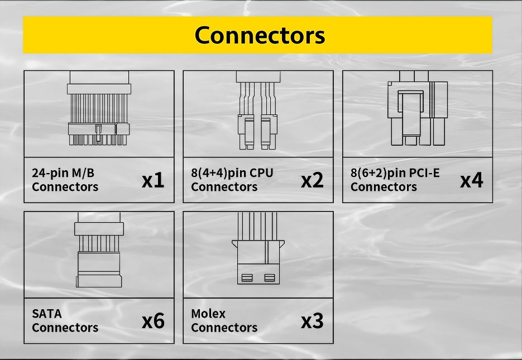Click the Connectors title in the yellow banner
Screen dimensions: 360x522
[x=260, y=35]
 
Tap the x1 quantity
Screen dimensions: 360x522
[x=152, y=180]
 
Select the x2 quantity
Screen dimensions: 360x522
[x=312, y=180]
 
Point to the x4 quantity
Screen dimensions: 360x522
[x=471, y=180]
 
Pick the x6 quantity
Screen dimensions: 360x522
[x=152, y=321]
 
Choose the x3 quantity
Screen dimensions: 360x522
[x=312, y=321]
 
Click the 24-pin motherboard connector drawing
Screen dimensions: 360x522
[x=98, y=112]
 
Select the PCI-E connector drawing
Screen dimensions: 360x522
[x=417, y=112]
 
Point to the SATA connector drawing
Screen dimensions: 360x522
[x=98, y=254]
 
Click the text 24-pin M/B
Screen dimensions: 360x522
[x=63, y=173]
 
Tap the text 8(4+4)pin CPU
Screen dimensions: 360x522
[x=232, y=173]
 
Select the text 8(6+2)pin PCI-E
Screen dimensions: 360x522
[x=395, y=173]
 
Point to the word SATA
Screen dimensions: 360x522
[x=47, y=314]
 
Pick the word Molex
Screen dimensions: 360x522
[x=208, y=314]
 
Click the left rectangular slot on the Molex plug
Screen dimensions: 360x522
[x=246, y=277]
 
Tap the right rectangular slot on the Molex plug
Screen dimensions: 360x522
[x=270, y=277]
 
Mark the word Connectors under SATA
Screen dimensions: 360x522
[x=65, y=328]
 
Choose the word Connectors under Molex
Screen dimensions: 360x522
[x=224, y=328]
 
